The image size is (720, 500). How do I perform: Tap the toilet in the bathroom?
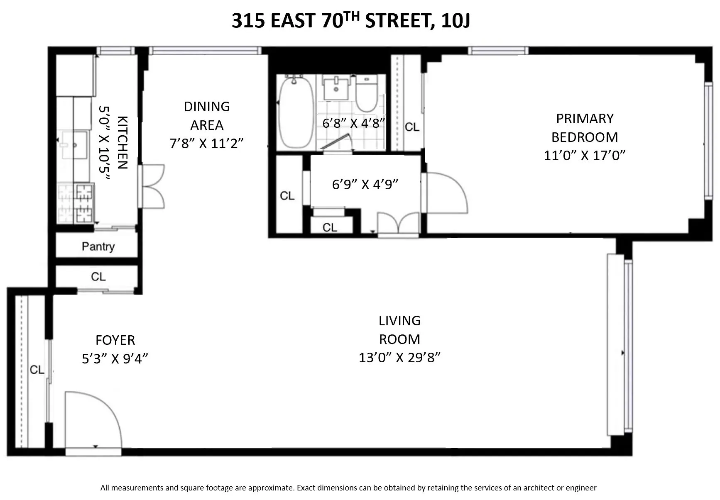[x=366, y=95]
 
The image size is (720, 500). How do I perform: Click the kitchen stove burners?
[x=84, y=203]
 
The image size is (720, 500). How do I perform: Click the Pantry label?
[x=98, y=246]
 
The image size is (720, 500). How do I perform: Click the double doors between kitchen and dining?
[x=152, y=186]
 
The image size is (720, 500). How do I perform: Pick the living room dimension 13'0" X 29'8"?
[x=399, y=357]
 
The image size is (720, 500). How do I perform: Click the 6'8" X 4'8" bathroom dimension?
[x=354, y=123]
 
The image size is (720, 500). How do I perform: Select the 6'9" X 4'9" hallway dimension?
[x=365, y=184]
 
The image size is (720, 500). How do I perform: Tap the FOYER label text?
[x=115, y=340]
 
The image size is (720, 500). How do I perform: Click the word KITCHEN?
[x=123, y=142]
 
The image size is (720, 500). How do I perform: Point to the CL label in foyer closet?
[x=37, y=369]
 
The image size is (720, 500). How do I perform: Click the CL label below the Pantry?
[x=98, y=276]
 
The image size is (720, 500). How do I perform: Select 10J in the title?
[x=456, y=21]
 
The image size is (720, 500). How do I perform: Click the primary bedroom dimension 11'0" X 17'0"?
[x=584, y=155]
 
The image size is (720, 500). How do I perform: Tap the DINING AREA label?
[x=206, y=116]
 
